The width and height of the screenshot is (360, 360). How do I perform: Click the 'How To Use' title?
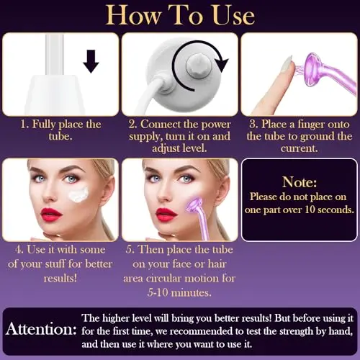[x=180, y=15]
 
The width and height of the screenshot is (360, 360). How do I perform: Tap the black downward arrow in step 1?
[x=91, y=61]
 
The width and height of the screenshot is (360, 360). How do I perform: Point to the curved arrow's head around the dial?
[x=222, y=64]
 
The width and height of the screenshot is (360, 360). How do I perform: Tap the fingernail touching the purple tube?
[x=287, y=63]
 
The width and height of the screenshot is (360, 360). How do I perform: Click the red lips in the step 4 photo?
[x=51, y=215]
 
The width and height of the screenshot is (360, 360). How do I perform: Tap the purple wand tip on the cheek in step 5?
[x=195, y=206]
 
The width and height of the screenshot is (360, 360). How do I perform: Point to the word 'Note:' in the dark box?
[x=300, y=182]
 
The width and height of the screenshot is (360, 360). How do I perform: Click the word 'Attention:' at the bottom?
[x=41, y=329]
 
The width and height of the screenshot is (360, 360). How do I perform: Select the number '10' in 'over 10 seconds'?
[x=310, y=210]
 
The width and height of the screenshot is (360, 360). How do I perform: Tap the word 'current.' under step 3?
[x=300, y=148]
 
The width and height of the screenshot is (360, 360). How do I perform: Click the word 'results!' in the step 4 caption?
[x=60, y=278]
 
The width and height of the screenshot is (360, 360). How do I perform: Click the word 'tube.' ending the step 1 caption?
[x=60, y=136]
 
